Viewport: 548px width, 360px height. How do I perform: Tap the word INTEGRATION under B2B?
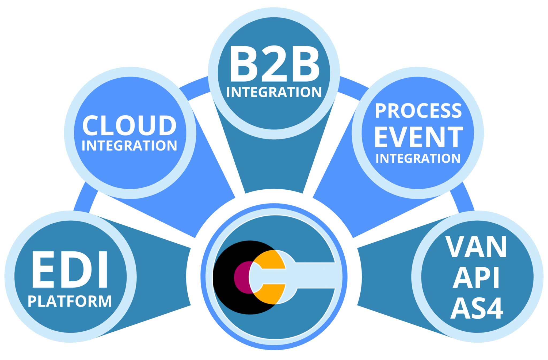click(274, 93)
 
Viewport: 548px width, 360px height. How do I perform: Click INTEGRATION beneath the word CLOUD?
click(129, 146)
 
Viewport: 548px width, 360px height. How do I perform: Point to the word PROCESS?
click(418, 111)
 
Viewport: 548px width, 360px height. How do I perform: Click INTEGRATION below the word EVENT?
click(418, 159)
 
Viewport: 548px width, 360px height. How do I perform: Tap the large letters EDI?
click(70, 270)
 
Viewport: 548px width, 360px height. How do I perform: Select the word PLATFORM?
click(70, 301)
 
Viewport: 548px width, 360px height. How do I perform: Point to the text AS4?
click(477, 309)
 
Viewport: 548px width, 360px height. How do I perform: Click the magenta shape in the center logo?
click(241, 278)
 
